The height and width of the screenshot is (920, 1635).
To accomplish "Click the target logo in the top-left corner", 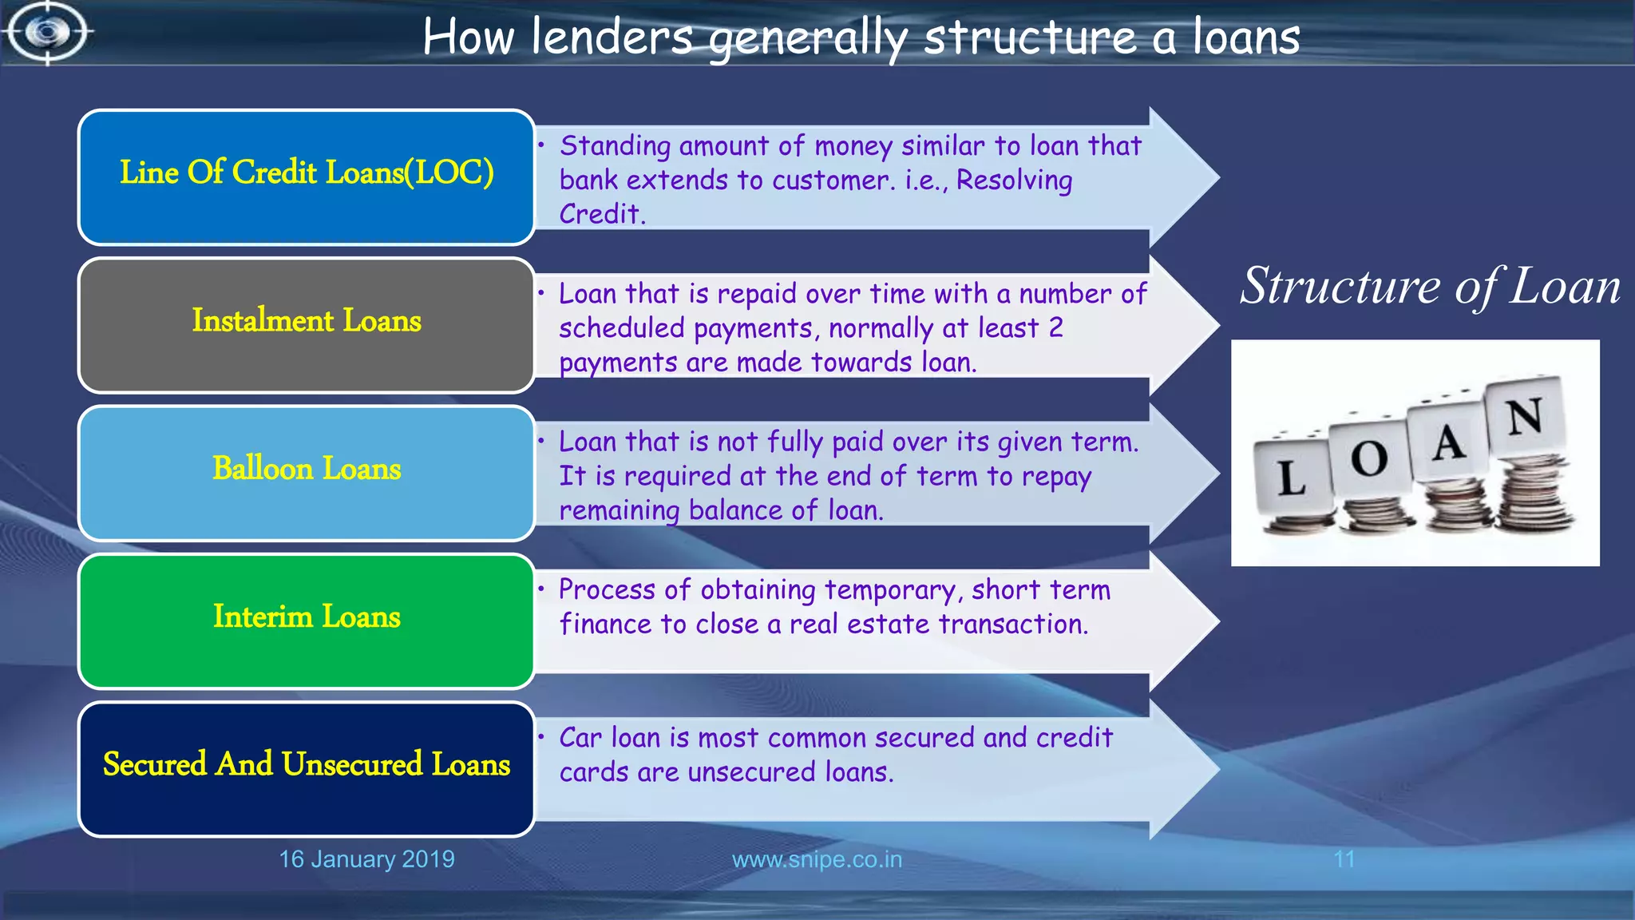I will tap(46, 33).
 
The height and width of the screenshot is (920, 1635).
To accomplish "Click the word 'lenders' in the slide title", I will tap(612, 38).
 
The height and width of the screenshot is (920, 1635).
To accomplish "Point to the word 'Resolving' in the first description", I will tap(1014, 180).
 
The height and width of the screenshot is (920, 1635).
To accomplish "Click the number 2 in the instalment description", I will tap(1055, 328).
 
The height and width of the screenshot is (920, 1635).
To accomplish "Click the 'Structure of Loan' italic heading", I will tap(1430, 286).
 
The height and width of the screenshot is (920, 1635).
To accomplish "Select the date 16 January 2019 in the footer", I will tap(366, 859).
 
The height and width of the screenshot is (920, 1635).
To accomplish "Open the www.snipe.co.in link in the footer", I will tap(817, 859).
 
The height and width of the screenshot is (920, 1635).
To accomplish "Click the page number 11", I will tap(1344, 859).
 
